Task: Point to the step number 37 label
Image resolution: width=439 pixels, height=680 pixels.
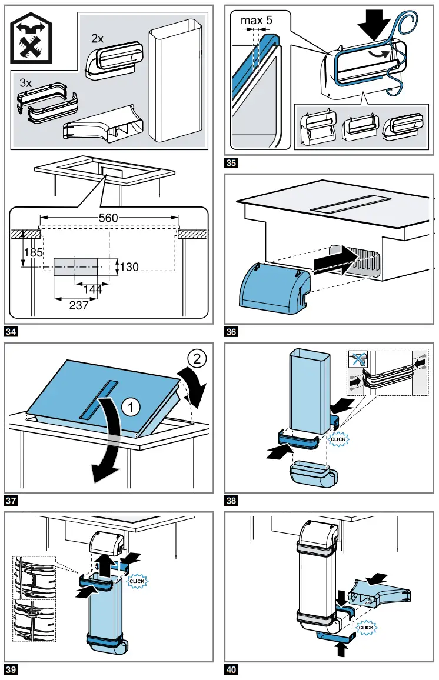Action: pos(11,501)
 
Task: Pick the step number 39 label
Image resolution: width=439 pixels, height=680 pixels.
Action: pos(11,669)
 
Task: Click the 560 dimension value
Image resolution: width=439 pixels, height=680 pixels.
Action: pos(108,218)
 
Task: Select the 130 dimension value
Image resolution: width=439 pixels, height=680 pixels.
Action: pos(129,267)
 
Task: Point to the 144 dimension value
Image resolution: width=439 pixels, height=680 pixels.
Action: pos(92,289)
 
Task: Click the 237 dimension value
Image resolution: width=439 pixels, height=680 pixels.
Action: pos(78,305)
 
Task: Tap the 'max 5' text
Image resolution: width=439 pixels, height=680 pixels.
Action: pos(257,20)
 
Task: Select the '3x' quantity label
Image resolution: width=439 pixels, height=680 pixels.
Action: pos(26,84)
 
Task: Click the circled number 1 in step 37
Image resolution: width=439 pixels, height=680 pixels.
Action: pos(129,405)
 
